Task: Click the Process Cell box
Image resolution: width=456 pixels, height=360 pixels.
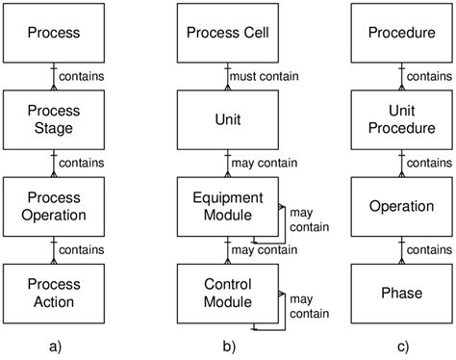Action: pyautogui.click(x=227, y=33)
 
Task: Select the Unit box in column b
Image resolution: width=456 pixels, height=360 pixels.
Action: pyautogui.click(x=227, y=119)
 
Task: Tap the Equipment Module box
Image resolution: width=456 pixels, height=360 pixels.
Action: pyautogui.click(x=227, y=206)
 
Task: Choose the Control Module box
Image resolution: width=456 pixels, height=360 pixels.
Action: pyautogui.click(x=227, y=293)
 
